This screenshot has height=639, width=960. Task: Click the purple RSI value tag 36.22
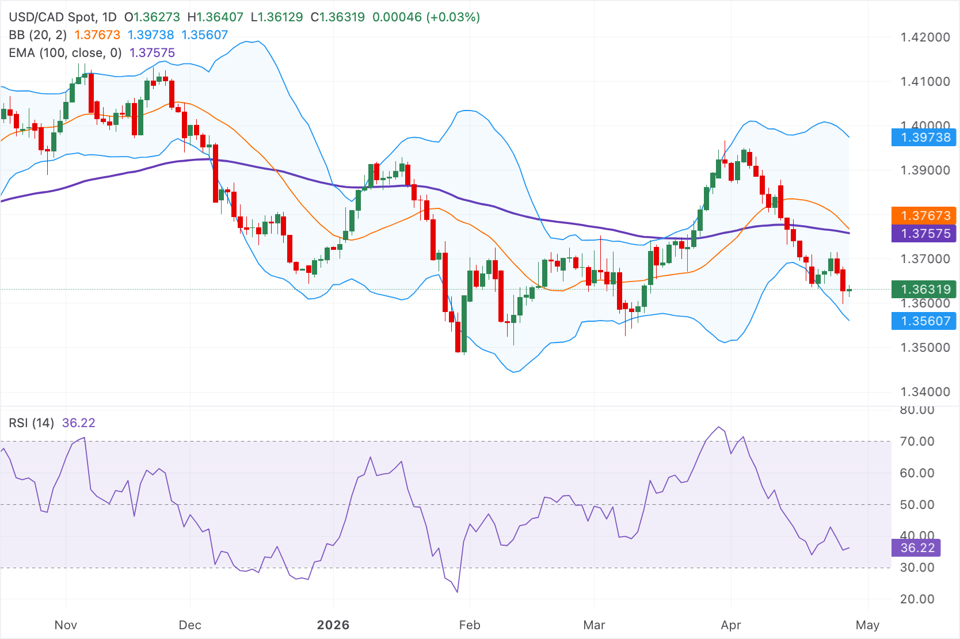click(916, 548)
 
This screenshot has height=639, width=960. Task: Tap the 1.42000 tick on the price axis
click(925, 37)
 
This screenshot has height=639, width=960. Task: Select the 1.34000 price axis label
click(925, 392)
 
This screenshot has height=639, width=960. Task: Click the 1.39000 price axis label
click(925, 170)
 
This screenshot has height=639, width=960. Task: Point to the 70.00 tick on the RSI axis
click(917, 442)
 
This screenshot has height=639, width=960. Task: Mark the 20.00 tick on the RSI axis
click(917, 599)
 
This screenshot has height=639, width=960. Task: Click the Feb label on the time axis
click(470, 625)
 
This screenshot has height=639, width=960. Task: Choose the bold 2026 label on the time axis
click(333, 625)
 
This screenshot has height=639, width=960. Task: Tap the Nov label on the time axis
click(66, 625)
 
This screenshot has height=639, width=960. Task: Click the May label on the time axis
click(867, 625)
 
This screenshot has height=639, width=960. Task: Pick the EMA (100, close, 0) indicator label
click(65, 53)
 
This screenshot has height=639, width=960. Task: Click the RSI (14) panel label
click(31, 423)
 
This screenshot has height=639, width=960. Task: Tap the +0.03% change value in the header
click(453, 17)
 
